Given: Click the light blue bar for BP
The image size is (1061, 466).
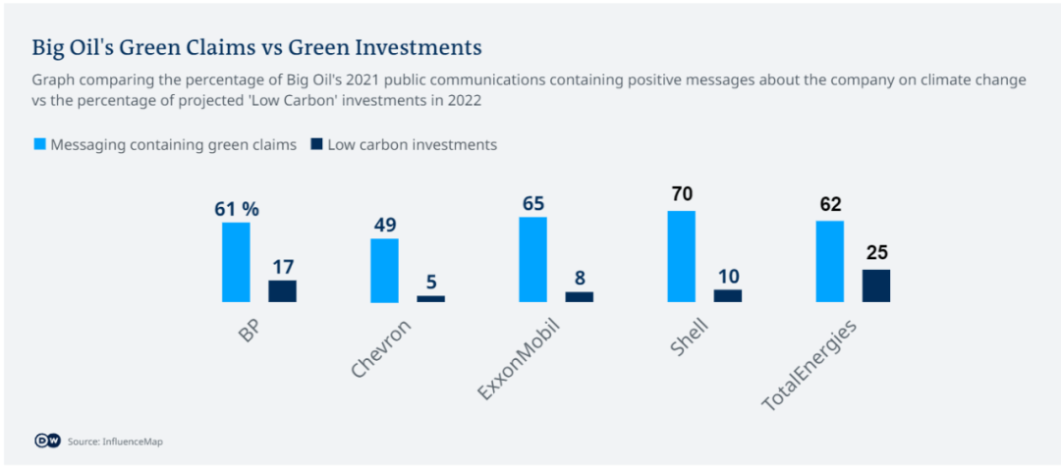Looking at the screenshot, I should (x=236, y=262).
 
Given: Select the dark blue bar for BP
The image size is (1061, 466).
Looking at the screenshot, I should (x=282, y=290).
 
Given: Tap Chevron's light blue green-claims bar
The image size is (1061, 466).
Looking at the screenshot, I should (x=384, y=270).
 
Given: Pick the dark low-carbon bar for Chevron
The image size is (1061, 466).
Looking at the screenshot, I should (x=430, y=298).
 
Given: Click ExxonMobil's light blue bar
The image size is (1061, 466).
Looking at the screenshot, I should (x=532, y=259).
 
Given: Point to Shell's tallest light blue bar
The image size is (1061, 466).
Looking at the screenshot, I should (x=681, y=256).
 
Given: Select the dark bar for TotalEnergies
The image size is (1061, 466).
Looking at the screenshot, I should (x=876, y=285).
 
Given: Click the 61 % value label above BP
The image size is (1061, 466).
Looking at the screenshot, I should (x=236, y=208).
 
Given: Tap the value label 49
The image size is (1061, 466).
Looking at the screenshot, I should (x=384, y=225).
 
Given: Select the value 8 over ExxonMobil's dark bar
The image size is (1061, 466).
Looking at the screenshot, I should (x=580, y=278).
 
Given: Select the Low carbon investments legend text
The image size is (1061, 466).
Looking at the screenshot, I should (x=412, y=145).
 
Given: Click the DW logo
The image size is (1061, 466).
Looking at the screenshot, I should (x=46, y=441).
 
